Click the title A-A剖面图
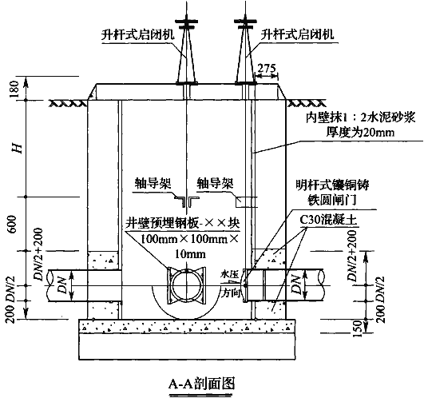[201, 383]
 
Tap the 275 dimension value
[267, 69]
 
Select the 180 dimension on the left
[14, 89]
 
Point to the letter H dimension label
[18, 149]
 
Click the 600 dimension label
[13, 225]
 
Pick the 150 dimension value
[358, 328]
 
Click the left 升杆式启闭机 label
[137, 34]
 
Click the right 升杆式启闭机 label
[297, 34]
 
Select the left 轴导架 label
[153, 184]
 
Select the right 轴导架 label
[215, 184]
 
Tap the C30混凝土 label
[328, 220]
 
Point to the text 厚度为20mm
[360, 132]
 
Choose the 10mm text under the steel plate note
[190, 254]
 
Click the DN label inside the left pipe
[62, 285]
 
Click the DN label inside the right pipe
[296, 285]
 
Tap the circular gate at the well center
[186, 286]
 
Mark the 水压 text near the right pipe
[230, 275]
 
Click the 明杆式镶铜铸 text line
[332, 185]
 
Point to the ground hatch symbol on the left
[66, 103]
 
